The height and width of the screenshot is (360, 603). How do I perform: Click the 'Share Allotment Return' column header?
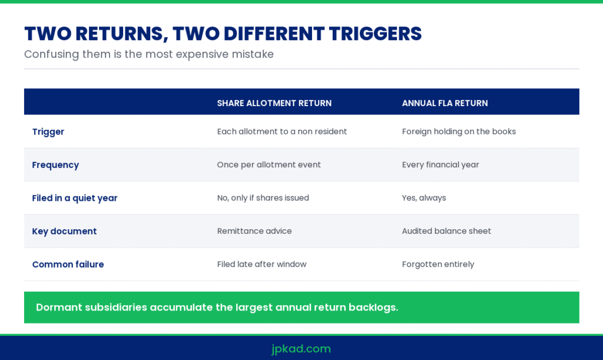click(274, 103)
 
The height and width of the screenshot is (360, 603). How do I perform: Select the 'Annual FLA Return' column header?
click(445, 103)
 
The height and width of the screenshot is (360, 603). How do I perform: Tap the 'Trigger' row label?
click(48, 132)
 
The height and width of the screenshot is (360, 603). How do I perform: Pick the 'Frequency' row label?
click(55, 165)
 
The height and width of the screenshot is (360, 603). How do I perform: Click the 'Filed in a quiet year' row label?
click(75, 198)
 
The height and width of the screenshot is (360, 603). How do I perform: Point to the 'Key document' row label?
click(64, 231)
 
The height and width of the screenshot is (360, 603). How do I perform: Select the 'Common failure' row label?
click(68, 264)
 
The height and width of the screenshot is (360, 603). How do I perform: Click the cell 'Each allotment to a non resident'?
click(282, 131)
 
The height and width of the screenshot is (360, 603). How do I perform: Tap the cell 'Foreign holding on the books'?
click(459, 131)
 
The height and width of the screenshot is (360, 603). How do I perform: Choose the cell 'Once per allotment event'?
click(269, 164)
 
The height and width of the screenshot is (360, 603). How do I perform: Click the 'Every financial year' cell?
click(440, 164)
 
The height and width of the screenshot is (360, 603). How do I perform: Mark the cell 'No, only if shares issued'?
click(263, 198)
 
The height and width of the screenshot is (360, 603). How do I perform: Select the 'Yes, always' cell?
click(424, 198)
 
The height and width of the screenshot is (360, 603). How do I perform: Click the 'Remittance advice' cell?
click(254, 231)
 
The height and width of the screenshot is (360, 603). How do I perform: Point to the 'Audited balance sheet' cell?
click(446, 231)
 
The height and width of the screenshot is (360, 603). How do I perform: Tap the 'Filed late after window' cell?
click(261, 264)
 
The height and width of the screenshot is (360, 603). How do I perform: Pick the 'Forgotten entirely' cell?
click(438, 264)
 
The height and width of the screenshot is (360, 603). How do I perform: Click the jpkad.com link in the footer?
click(301, 349)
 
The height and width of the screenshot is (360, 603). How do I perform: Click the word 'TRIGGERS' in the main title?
click(375, 34)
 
